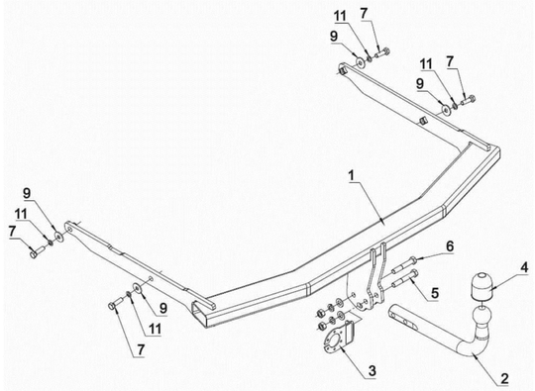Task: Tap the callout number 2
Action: pos(504,378)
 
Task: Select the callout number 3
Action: pos(372,370)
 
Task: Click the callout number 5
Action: pos(435,293)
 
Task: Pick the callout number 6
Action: pos(450,246)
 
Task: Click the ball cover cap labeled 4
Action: pos(481,287)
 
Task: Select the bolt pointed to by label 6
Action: pos(404,265)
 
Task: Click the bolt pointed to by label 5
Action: pos(406,279)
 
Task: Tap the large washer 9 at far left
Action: pos(58,237)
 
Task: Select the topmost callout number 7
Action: pos(364,14)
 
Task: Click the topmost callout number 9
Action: pos(333,37)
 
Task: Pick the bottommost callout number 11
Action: pos(155,329)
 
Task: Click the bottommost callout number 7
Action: pos(141,349)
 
